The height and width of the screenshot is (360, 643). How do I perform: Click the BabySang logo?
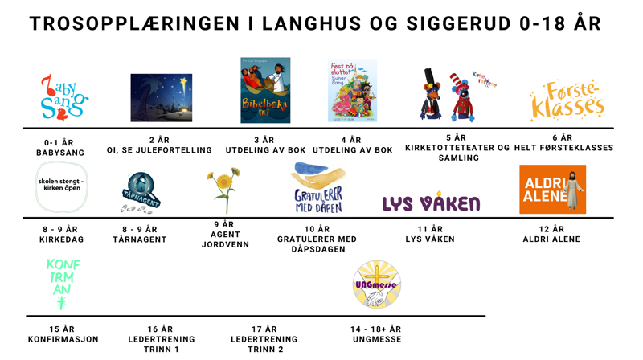(x=63, y=96)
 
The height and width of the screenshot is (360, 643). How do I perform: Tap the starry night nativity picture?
(x=162, y=97)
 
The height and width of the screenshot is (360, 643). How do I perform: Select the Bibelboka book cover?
(x=265, y=90)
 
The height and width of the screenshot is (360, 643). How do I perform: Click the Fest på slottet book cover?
(x=352, y=91)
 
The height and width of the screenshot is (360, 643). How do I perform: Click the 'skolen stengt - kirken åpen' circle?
(x=61, y=186)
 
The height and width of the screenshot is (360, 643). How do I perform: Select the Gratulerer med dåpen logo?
(x=319, y=188)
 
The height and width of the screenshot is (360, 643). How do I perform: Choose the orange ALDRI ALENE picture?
(x=552, y=190)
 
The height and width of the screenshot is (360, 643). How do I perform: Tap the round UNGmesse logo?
(x=376, y=284)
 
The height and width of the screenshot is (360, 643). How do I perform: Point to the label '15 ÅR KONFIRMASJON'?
(x=63, y=334)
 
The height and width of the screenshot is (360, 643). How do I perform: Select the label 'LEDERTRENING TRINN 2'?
(x=264, y=339)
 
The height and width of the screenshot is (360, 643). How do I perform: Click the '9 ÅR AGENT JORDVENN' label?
(x=224, y=234)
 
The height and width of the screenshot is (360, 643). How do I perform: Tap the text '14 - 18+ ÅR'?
(x=376, y=329)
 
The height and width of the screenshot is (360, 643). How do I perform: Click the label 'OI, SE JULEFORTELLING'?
(x=159, y=150)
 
